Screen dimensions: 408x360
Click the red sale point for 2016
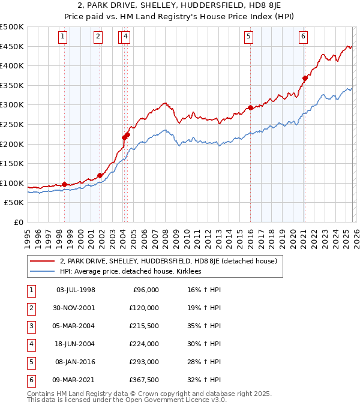tap(250, 108)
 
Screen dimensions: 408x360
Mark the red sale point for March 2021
tap(305, 78)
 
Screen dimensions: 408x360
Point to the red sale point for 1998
tap(64, 184)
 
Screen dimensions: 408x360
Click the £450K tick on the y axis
tap(12, 46)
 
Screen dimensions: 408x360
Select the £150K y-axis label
tap(12, 163)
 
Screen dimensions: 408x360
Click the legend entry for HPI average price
tap(133, 272)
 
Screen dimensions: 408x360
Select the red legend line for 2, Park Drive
tap(43, 262)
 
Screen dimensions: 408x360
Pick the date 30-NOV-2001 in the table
tap(75, 308)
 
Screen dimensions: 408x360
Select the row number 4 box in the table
tap(31, 344)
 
